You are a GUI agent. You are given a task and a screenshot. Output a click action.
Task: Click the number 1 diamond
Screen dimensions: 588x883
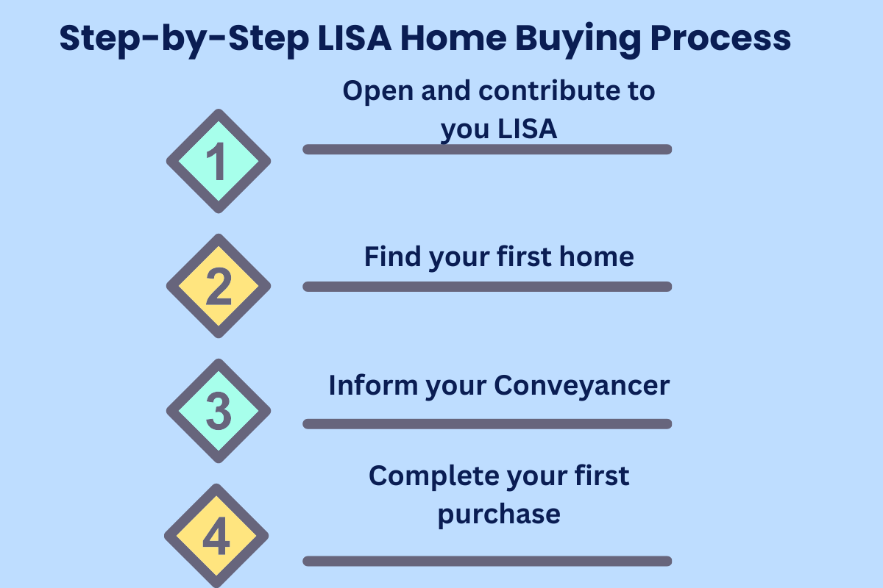[x=219, y=161]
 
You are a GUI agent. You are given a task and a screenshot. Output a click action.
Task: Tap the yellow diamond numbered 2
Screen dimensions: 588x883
[x=219, y=286]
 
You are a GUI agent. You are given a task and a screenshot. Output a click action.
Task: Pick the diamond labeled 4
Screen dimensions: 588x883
[x=216, y=536]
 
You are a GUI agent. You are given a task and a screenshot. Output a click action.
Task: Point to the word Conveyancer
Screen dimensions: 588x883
[x=581, y=385]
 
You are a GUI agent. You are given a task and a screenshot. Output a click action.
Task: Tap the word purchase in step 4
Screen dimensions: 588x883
[x=499, y=513]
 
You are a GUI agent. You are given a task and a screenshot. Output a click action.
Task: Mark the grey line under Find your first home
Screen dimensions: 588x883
[x=487, y=287]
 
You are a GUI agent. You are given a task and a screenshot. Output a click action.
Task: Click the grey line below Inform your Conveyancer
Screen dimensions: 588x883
[x=487, y=423]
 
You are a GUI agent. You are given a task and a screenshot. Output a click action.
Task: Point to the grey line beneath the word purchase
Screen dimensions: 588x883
[x=487, y=561]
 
